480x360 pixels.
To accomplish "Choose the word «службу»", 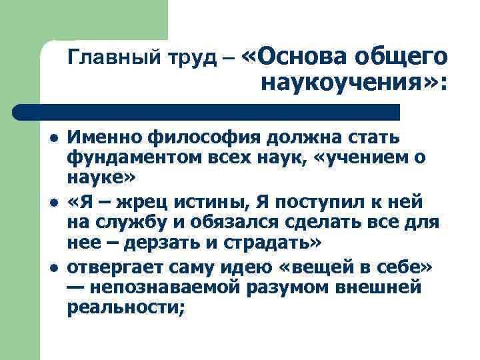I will tap(124, 224).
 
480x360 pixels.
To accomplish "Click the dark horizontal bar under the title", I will tap(207, 111).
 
